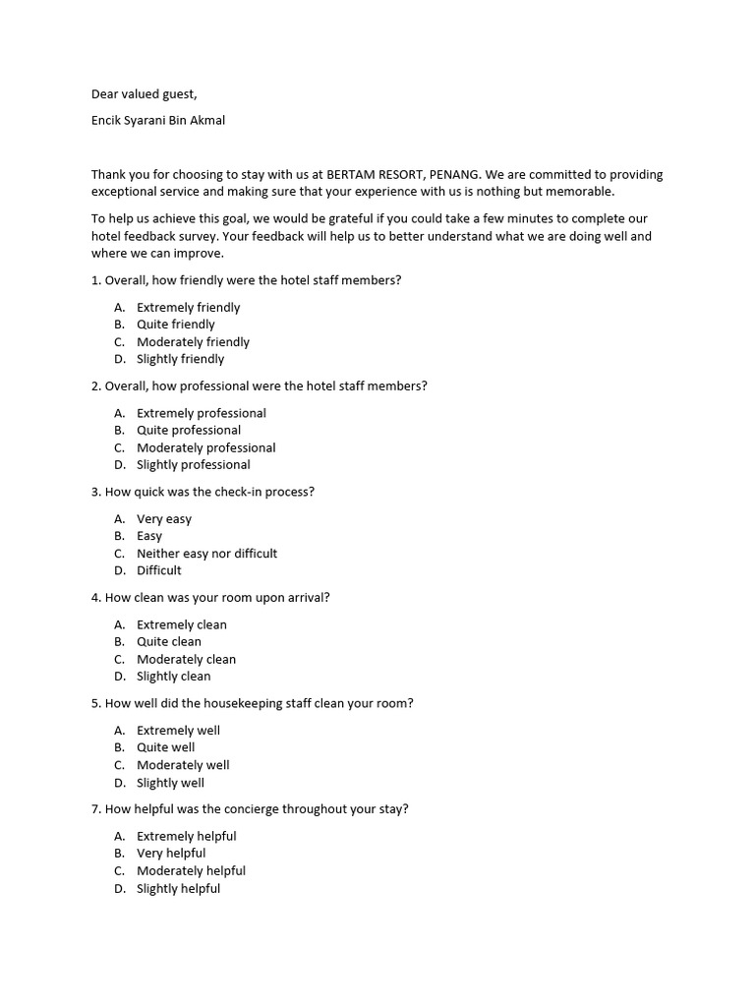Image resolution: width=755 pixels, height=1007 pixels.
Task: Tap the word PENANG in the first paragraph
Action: (454, 174)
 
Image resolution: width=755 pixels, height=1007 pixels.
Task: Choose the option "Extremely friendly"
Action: (188, 307)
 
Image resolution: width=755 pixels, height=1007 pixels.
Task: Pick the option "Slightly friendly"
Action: (180, 359)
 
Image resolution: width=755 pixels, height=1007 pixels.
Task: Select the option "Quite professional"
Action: (188, 430)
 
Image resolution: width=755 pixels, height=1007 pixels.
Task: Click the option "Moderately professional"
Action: (205, 447)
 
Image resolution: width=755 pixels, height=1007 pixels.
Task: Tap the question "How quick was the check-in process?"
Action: (203, 492)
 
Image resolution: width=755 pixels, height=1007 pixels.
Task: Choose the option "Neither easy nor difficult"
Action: (206, 553)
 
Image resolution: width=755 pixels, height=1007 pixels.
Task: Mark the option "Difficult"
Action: (158, 570)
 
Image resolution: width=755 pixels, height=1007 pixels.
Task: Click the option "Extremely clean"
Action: (181, 624)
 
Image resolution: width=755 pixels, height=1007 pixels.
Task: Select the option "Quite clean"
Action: (168, 641)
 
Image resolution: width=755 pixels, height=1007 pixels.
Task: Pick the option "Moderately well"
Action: (183, 764)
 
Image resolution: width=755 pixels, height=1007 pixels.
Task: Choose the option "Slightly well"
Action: (170, 783)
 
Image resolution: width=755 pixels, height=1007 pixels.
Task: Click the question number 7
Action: (95, 809)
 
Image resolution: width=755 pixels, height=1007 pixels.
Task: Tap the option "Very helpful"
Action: (171, 853)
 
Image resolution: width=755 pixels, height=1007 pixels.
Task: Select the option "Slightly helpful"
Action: (178, 888)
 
